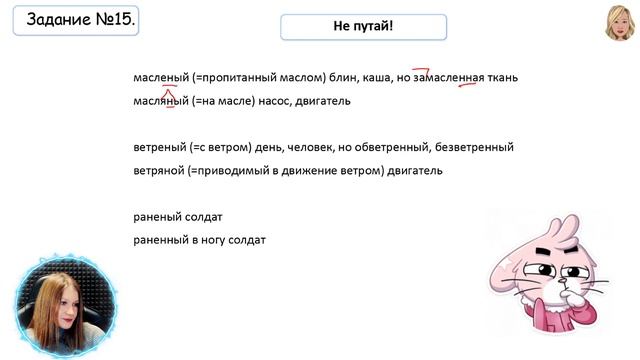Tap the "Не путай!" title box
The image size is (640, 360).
pyautogui.click(x=363, y=27)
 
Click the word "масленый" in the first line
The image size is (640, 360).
pyautogui.click(x=161, y=78)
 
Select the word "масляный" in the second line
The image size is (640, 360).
pyautogui.click(x=161, y=101)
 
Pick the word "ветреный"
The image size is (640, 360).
pyautogui.click(x=161, y=148)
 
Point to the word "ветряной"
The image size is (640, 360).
pyautogui.click(x=160, y=171)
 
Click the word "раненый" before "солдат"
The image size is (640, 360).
pyautogui.click(x=158, y=217)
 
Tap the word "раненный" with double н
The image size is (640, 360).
pyautogui.click(x=161, y=240)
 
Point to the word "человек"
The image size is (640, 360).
pyautogui.click(x=315, y=148)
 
